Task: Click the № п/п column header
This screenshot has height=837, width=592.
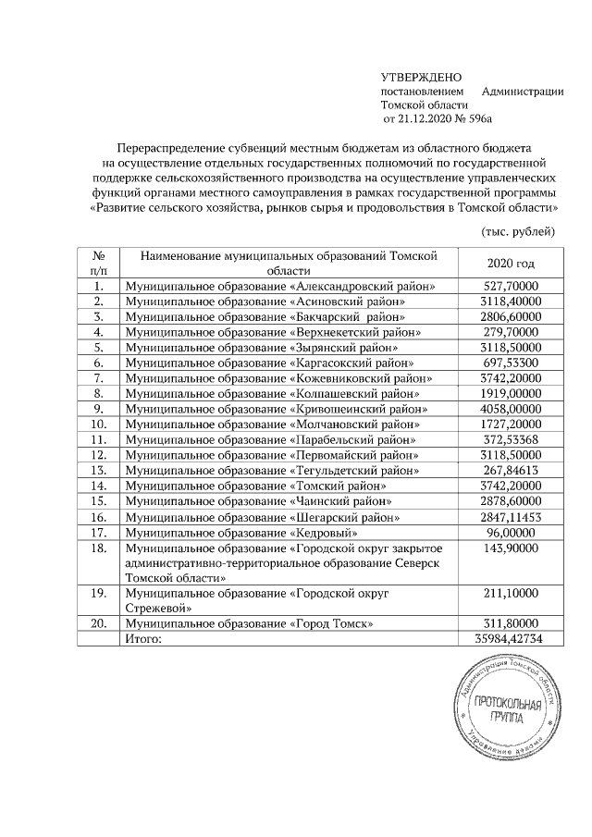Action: point(98,264)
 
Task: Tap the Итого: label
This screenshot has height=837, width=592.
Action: point(143,639)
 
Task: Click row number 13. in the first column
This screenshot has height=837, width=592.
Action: point(98,469)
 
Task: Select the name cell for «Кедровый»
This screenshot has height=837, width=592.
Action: point(240,533)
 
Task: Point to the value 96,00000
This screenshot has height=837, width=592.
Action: point(511,533)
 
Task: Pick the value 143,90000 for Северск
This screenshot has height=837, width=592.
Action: point(511,548)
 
